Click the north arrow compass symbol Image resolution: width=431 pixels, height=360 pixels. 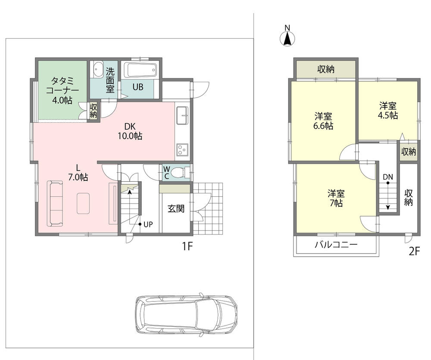pyautogui.click(x=287, y=37)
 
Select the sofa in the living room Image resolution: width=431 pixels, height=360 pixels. pyautogui.click(x=54, y=203)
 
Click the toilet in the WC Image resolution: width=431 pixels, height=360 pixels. pyautogui.click(x=179, y=173)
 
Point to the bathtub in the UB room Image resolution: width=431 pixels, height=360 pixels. pyautogui.click(x=141, y=70)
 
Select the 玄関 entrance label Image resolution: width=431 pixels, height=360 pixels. pyautogui.click(x=176, y=209)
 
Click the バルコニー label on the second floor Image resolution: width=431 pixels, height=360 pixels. pyautogui.click(x=336, y=245)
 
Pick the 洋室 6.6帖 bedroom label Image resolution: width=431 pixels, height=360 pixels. pyautogui.click(x=323, y=121)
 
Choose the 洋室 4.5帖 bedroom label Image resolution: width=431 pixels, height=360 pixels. pyautogui.click(x=388, y=110)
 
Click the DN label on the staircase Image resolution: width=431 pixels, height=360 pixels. pyautogui.click(x=387, y=177)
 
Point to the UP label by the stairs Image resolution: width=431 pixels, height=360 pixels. pyautogui.click(x=148, y=224)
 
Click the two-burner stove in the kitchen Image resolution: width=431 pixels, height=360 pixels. pyautogui.click(x=181, y=150)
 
